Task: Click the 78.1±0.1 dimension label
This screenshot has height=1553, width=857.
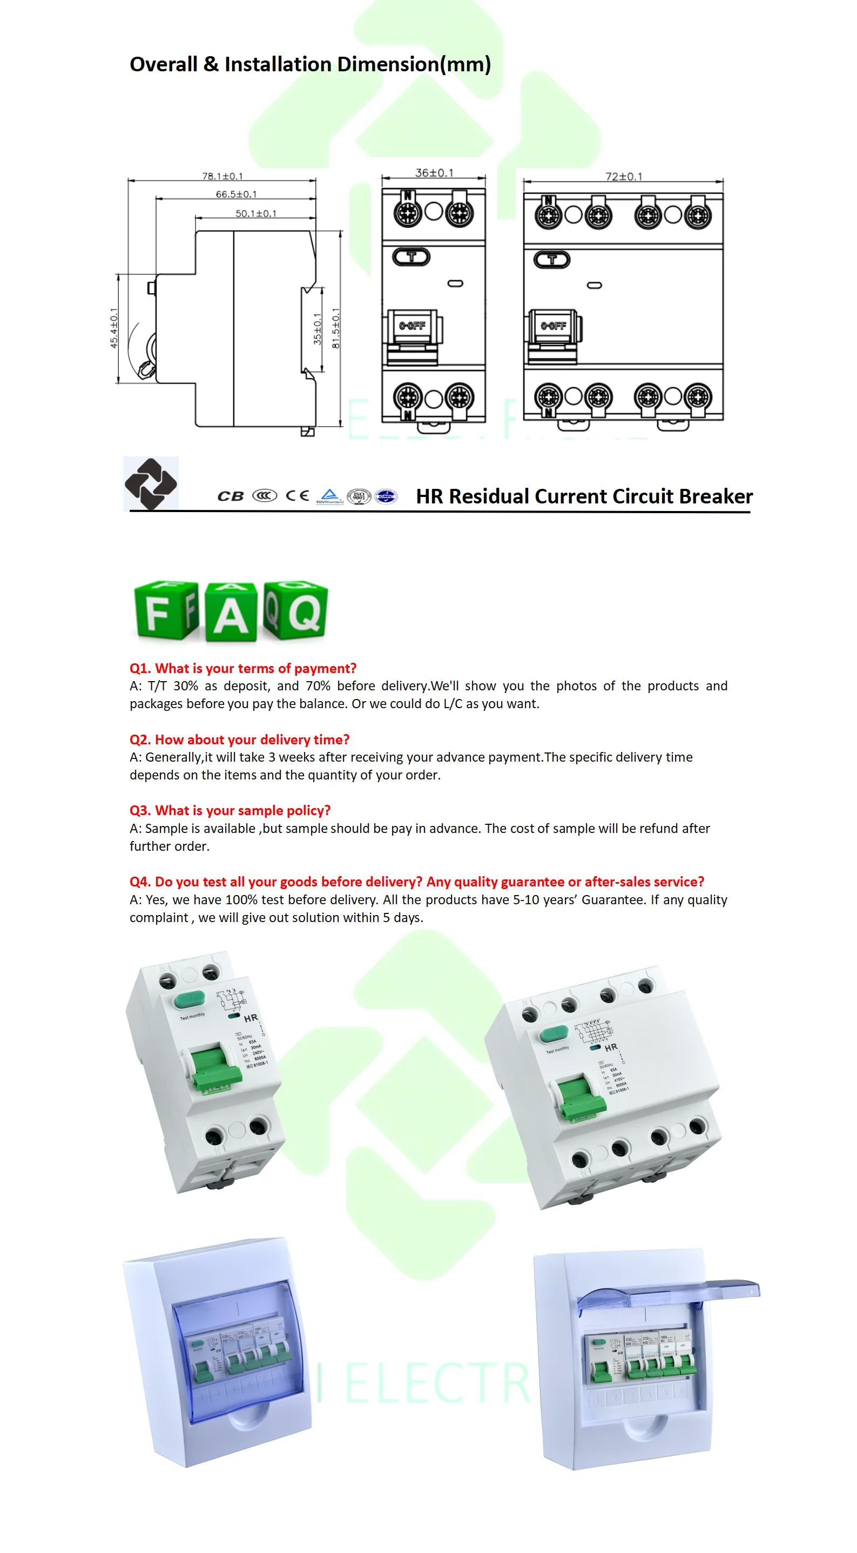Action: tap(222, 176)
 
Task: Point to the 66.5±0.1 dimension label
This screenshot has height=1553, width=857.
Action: tap(236, 194)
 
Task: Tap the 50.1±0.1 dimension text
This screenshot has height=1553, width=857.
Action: tap(255, 213)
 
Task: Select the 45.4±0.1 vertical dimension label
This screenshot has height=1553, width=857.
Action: tap(114, 328)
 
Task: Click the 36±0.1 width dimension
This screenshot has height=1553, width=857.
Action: tap(434, 173)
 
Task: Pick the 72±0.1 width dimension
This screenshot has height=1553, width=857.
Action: tap(624, 177)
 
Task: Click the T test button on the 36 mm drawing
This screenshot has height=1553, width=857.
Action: tap(411, 258)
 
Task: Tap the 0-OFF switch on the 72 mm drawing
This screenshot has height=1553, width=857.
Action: tap(554, 327)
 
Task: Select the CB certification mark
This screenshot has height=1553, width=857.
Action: tap(230, 496)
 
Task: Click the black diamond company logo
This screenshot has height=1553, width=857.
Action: tap(151, 483)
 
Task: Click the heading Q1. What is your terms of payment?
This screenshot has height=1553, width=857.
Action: tap(243, 668)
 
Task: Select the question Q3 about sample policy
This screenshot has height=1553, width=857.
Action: tap(230, 810)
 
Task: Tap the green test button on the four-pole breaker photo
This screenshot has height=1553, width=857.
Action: tap(554, 1034)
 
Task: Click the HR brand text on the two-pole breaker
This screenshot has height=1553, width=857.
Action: tap(251, 1018)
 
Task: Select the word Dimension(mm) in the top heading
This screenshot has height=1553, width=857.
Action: tap(414, 64)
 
